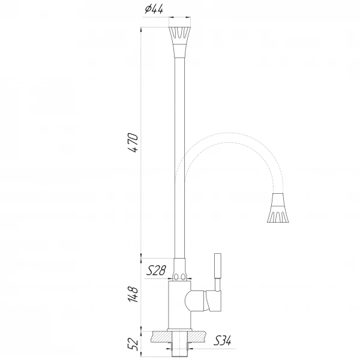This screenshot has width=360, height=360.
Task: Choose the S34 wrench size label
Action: pos(223,342)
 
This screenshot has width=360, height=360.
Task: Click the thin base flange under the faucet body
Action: pos(179,328)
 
